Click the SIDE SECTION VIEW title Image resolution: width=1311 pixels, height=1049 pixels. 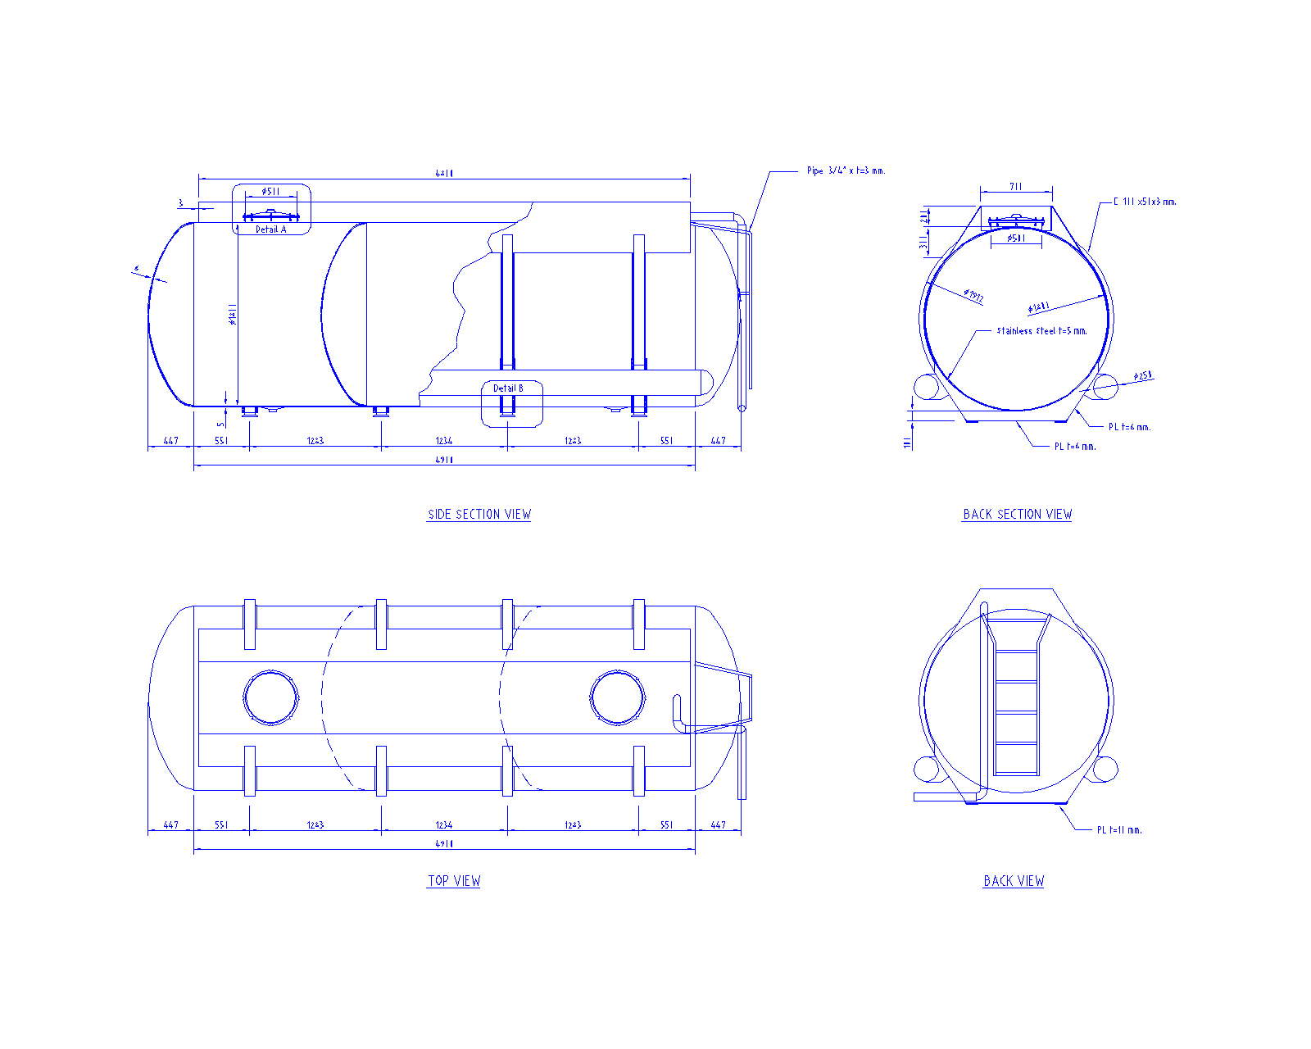click(479, 515)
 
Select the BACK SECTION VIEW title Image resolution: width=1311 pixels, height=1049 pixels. click(1017, 515)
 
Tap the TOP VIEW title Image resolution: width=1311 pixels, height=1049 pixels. click(454, 881)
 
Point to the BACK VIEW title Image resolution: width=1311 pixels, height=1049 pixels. click(1014, 881)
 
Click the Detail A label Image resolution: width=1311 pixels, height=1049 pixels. click(271, 229)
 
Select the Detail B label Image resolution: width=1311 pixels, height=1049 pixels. click(508, 388)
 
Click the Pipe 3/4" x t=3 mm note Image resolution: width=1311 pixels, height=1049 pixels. click(846, 171)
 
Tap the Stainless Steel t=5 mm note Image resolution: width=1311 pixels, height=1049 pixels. click(1041, 331)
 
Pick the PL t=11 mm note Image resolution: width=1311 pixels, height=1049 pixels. click(1119, 830)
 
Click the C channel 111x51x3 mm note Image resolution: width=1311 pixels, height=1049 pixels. click(1145, 202)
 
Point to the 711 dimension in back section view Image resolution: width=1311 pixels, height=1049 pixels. click(1016, 187)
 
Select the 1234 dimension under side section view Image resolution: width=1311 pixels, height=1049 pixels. click(444, 441)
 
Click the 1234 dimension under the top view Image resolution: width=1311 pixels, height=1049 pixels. click(444, 825)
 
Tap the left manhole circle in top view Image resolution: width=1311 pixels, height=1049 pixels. click(271, 697)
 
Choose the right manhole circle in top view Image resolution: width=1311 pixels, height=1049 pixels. click(617, 697)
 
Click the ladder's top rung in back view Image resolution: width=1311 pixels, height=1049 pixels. click(1016, 652)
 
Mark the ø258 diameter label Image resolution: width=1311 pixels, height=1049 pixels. click(1142, 376)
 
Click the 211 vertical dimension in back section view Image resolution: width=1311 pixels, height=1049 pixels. click(924, 216)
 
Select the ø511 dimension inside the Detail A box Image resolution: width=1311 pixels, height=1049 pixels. click(271, 192)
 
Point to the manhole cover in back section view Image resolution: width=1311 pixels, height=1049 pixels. click(1016, 220)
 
